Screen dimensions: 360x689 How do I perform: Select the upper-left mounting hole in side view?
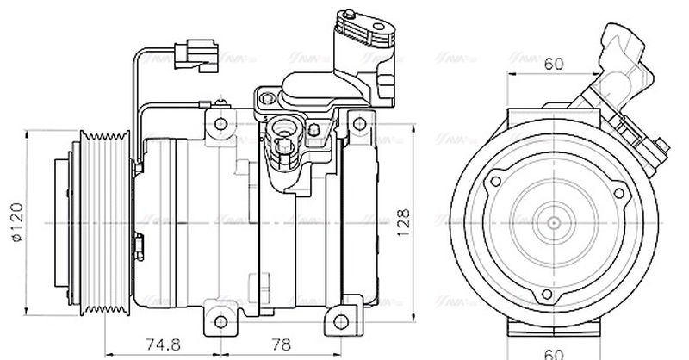pyautogui.click(x=221, y=123)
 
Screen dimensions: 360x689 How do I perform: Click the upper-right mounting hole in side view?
pyautogui.click(x=356, y=123)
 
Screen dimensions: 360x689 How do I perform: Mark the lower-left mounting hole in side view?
pyautogui.click(x=221, y=323)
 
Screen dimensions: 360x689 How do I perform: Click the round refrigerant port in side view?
pyautogui.click(x=282, y=133)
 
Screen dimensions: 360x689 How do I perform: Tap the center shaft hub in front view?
pyautogui.click(x=550, y=221)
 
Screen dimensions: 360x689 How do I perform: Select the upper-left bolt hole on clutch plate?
pyautogui.click(x=495, y=183)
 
